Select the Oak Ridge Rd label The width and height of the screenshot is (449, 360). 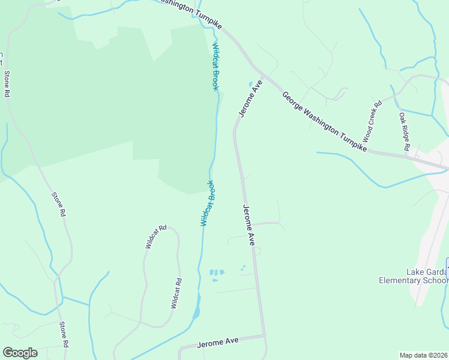click(x=404, y=131)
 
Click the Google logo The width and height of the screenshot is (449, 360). click(x=20, y=353)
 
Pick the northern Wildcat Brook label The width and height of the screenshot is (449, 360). click(x=215, y=66)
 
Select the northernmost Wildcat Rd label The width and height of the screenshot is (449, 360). click(x=155, y=237)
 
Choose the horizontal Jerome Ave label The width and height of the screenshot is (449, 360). click(x=218, y=341)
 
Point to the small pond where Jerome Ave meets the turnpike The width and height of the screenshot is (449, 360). click(x=250, y=84)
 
